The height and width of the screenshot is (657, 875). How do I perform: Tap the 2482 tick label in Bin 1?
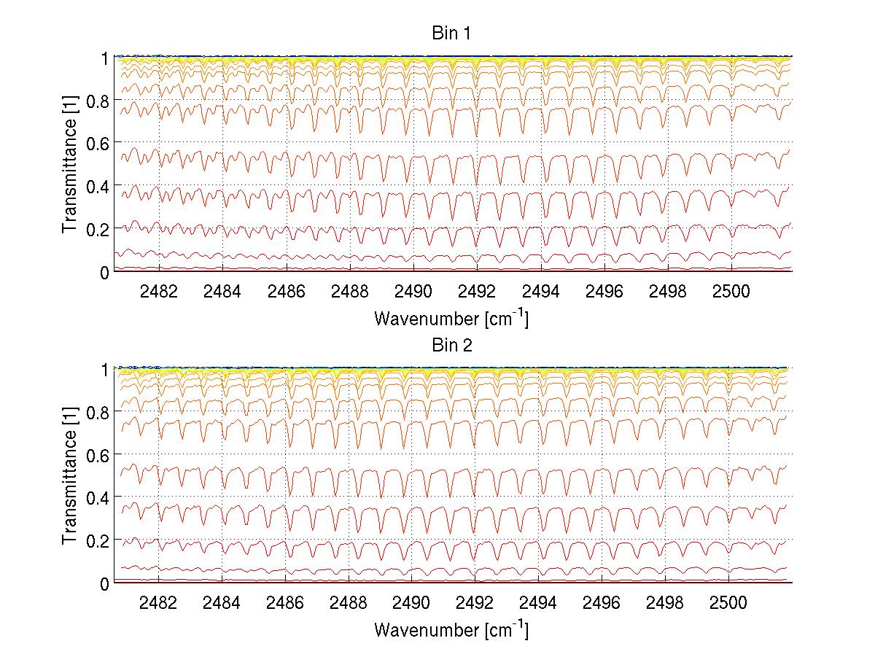(x=158, y=290)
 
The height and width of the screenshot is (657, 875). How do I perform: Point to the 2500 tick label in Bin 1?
(x=728, y=290)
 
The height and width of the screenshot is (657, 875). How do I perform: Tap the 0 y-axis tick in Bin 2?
(x=104, y=583)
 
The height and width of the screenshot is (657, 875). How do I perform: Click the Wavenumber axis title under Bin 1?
(x=451, y=318)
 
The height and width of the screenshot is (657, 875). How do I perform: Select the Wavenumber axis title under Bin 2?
(x=451, y=629)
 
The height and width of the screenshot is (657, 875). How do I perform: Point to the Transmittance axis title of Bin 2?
(x=70, y=475)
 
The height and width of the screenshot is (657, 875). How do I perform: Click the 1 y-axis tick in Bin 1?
(x=104, y=58)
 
